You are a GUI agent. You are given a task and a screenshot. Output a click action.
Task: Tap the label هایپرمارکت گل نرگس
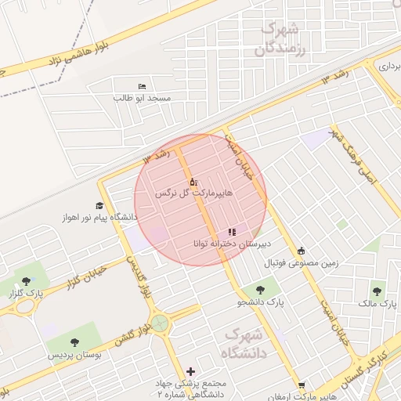185,193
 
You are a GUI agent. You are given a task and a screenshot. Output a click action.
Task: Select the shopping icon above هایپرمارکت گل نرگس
193,181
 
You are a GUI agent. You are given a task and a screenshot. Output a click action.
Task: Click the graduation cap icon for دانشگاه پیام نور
99,204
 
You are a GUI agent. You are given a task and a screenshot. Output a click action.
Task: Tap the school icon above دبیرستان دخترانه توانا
231,232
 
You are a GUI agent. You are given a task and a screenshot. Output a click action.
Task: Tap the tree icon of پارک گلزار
27,280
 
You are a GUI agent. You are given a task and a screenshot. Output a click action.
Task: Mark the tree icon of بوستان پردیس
74,342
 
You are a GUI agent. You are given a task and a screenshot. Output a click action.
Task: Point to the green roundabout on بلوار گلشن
160,322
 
